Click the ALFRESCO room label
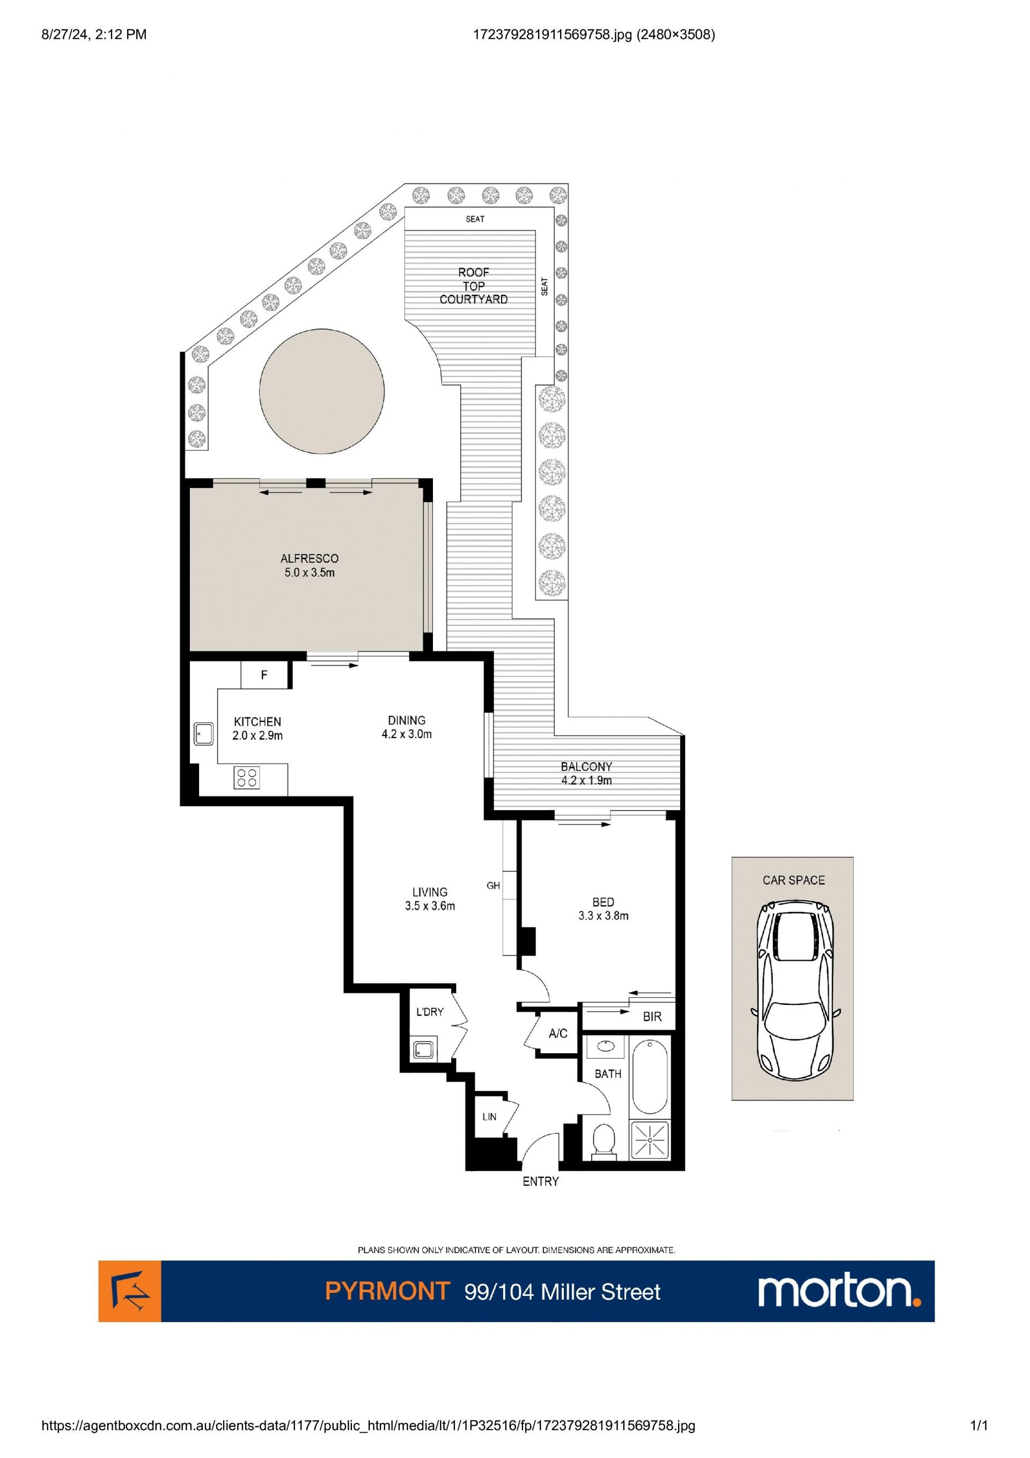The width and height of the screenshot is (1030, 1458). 310,559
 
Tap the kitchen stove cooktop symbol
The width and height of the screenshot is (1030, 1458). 246,778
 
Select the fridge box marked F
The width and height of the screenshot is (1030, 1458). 264,675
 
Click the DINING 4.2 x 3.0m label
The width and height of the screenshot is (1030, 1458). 407,727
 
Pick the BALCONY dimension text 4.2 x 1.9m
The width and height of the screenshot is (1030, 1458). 586,781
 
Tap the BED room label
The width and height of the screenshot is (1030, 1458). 603,902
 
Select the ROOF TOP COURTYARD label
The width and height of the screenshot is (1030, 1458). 474,286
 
